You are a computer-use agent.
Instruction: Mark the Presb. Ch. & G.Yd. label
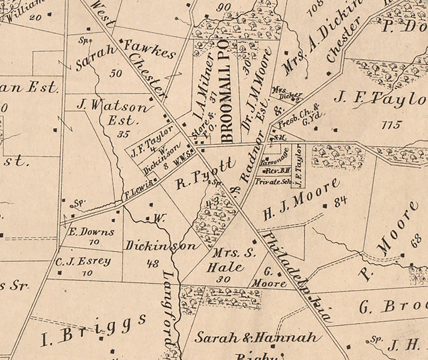pyautogui.click(x=299, y=116)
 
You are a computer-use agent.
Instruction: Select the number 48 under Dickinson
pyautogui.click(x=152, y=263)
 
